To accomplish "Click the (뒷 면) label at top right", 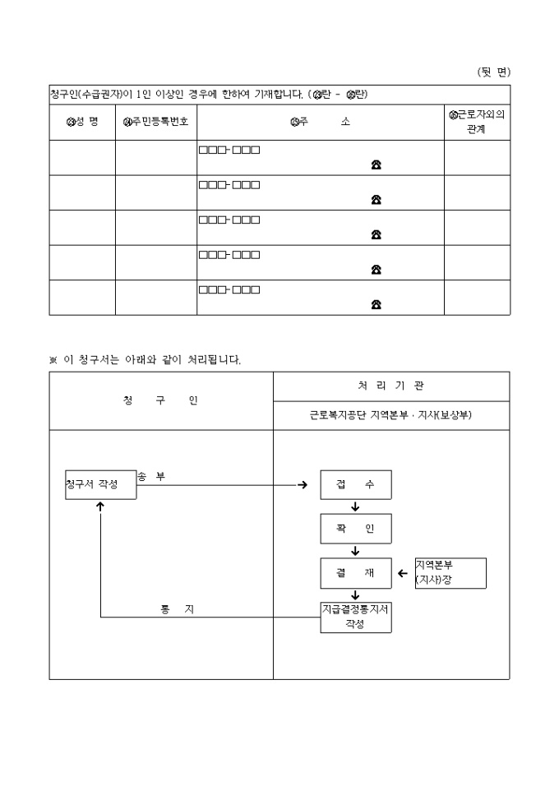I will [493, 72].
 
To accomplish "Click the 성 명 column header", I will [82, 122].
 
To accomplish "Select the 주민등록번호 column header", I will [156, 122].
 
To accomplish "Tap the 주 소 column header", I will [321, 122].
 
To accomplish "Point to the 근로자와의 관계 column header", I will [477, 122].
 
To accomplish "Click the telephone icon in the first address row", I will [376, 164].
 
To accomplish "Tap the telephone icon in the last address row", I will [376, 304].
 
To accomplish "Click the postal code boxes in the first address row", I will [229, 150].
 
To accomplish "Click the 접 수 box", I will [355, 484].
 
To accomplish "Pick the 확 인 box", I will [355, 529].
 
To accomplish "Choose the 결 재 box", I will [355, 573].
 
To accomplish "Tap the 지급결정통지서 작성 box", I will [355, 617].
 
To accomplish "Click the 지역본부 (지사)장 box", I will [450, 573].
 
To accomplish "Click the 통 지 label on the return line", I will [177, 609].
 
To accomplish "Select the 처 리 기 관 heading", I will [391, 385].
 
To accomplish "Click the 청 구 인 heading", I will [160, 400].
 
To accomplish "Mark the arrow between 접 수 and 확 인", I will [355, 507].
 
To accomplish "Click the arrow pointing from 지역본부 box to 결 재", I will [403, 573].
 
